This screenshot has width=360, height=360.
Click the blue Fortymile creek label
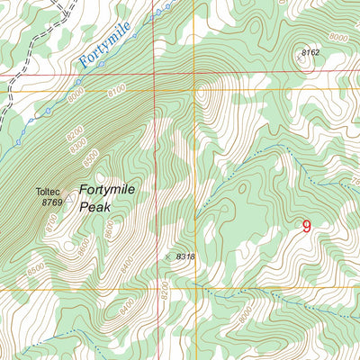(104, 45)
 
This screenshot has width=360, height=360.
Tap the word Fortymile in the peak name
(109, 190)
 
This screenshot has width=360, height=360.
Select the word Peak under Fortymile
(94, 207)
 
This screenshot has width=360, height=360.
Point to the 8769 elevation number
(53, 203)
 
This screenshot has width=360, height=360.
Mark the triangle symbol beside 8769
(69, 198)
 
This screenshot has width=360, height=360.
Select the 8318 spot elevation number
(186, 256)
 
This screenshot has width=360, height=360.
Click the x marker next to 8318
(167, 256)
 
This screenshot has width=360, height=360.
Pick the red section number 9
(307, 227)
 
